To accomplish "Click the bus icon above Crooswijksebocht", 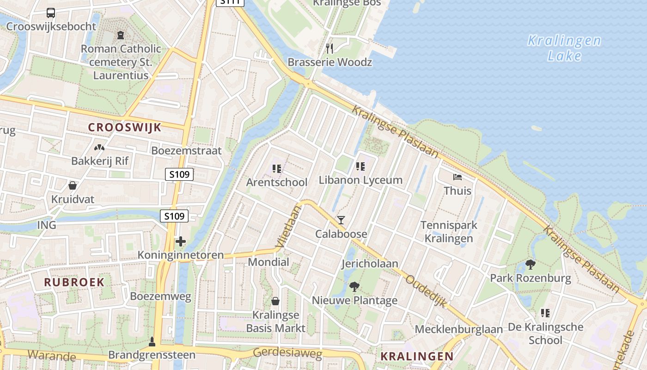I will tap(51, 13).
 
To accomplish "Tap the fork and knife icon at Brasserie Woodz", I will tap(330, 48).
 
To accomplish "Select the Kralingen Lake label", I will tap(564, 48).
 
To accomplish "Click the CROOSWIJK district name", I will tap(125, 128).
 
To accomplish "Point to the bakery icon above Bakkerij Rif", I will tap(99, 148).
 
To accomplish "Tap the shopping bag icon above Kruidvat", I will tap(73, 185).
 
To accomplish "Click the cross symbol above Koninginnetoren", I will tap(180, 241).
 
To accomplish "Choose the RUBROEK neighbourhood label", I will tap(74, 282).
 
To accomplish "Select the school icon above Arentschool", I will tap(277, 169).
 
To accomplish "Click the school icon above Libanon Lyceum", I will tap(360, 166).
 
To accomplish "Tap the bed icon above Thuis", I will tap(457, 177).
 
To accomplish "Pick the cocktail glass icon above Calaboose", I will tap(341, 220).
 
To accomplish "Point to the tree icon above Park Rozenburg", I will tap(531, 265).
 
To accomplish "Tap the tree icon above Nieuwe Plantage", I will tap(354, 287).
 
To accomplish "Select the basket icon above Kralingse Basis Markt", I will tap(275, 301).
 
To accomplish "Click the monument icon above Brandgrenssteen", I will tap(152, 342).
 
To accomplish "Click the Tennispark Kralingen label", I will tap(449, 232).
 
